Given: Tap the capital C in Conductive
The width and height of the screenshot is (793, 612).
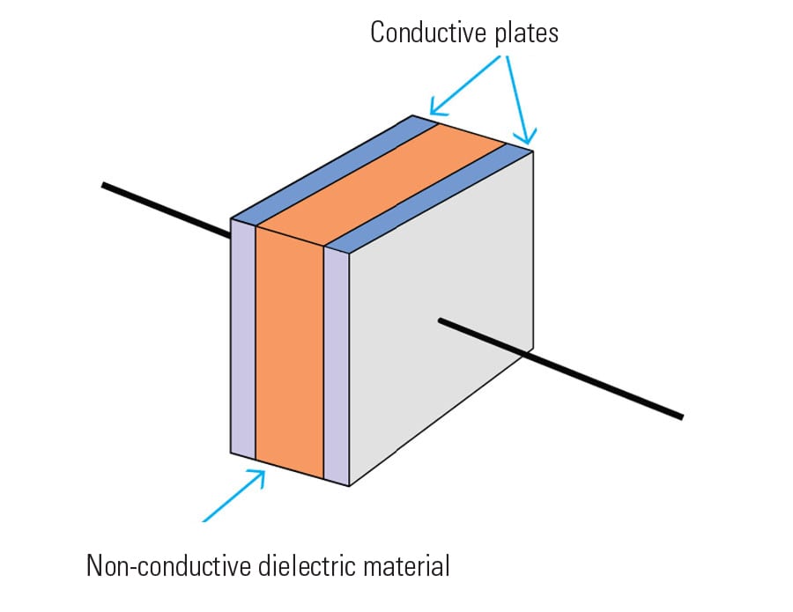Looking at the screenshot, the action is click(377, 33).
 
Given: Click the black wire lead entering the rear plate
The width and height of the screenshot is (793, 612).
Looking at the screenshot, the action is click(167, 210).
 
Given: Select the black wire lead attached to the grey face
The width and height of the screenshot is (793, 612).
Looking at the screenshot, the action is click(561, 368).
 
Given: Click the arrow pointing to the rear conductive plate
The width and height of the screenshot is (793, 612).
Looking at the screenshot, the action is click(464, 85).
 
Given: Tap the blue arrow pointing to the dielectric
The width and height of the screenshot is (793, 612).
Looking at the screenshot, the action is click(233, 496).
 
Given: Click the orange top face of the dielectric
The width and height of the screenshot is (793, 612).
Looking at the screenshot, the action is click(382, 183).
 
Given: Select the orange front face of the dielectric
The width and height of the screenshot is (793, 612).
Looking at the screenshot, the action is click(289, 353).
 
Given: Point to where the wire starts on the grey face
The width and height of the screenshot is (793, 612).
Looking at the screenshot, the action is click(440, 321).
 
